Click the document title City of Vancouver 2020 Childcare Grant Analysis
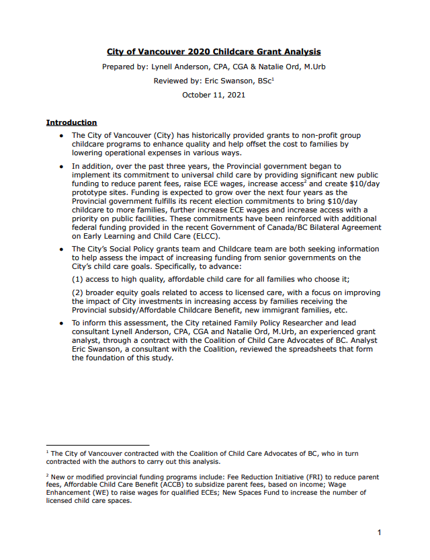pyautogui.click(x=214, y=52)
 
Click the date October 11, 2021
pyautogui.click(x=214, y=95)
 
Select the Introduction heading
pyautogui.click(x=71, y=122)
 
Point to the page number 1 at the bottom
pyautogui.click(x=380, y=532)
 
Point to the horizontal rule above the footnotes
pyautogui.click(x=97, y=444)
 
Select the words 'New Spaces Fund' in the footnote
pyautogui.click(x=228, y=493)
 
